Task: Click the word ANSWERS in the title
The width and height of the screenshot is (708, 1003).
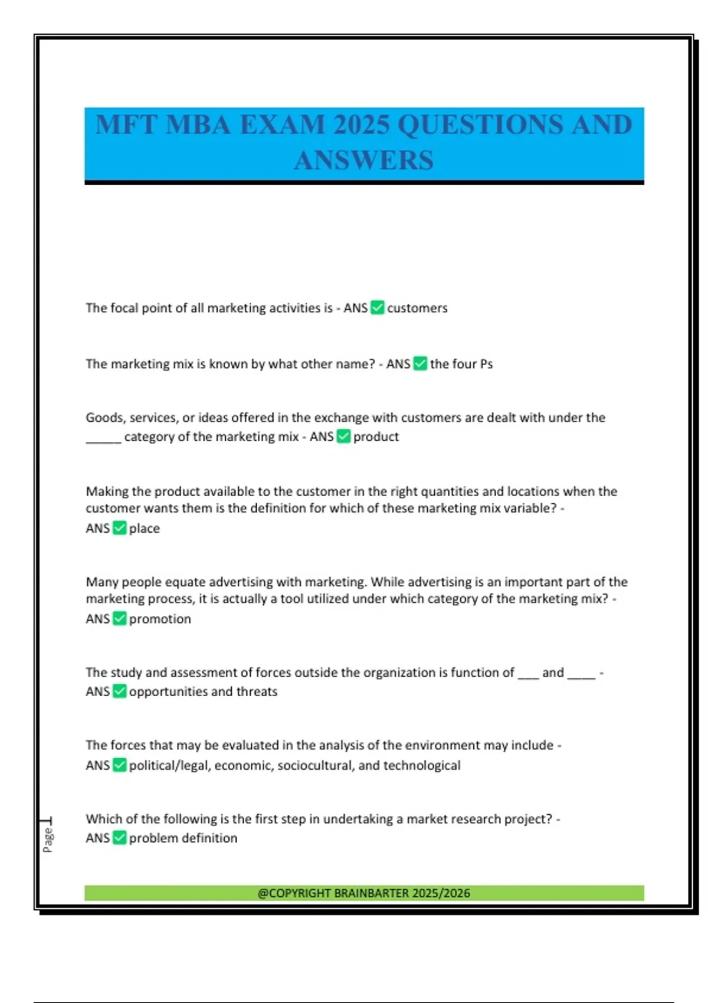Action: click(363, 160)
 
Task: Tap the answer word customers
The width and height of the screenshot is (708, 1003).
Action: click(417, 308)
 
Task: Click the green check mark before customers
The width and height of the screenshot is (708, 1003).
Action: click(378, 307)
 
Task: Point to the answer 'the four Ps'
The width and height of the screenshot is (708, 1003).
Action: click(461, 364)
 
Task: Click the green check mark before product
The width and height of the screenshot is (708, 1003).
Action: click(343, 436)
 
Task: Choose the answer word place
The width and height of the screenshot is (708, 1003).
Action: click(145, 529)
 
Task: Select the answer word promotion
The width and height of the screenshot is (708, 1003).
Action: click(160, 619)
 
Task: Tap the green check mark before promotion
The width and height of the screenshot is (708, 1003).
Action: click(120, 618)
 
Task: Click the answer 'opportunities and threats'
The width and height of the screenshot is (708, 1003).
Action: click(203, 691)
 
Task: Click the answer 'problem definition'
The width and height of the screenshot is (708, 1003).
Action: click(183, 838)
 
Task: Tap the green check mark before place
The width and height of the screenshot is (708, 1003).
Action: click(120, 528)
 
